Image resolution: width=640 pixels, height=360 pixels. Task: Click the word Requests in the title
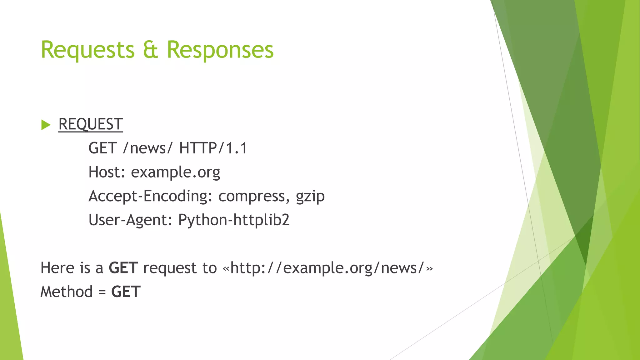[87, 50]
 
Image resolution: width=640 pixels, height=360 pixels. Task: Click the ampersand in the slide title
[150, 50]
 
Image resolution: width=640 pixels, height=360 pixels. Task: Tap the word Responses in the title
[220, 50]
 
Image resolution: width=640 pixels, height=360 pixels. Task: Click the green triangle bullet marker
[46, 125]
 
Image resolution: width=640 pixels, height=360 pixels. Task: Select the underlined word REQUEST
[91, 124]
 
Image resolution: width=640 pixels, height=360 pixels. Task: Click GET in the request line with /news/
[102, 148]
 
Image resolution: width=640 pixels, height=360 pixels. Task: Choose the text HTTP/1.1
[213, 148]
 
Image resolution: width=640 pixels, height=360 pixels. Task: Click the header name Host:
[107, 172]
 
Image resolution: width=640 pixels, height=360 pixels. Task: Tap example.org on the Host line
[175, 172]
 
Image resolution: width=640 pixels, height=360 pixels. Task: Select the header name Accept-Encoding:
[148, 196]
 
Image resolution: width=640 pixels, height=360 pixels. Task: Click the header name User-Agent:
[130, 220]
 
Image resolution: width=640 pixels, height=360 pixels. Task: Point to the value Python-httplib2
[234, 220]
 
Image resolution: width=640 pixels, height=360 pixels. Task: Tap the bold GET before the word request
[123, 268]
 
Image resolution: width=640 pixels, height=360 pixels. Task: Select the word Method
[67, 292]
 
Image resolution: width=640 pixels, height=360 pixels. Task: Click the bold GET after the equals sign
[126, 292]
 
